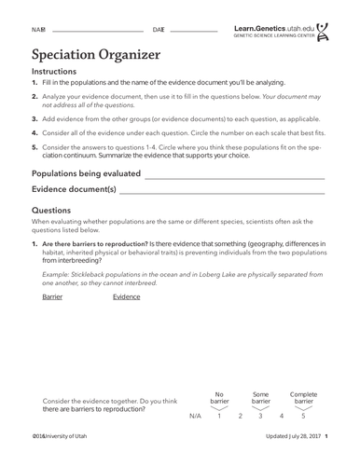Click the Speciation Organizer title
97,53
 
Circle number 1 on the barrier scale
219,416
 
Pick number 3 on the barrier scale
260,416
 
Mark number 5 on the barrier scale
303,416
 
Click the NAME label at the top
39,30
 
